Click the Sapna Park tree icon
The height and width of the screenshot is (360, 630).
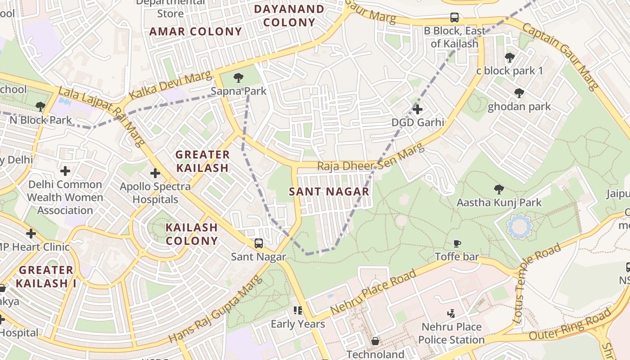point(238,78)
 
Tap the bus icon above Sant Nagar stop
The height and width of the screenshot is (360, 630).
point(259,243)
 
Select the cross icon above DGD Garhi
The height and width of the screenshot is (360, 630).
point(418,109)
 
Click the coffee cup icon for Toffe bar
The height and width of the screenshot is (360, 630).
point(457,243)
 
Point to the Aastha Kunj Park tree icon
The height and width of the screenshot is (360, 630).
point(499,189)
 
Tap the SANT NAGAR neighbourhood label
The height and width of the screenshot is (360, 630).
point(329,192)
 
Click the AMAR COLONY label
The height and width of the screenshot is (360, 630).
point(196,31)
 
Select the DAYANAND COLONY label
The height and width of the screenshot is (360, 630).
point(289,16)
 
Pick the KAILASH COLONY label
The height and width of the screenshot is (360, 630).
point(192,234)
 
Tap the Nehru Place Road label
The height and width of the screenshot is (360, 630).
point(373,293)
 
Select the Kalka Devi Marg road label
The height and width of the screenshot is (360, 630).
point(170,85)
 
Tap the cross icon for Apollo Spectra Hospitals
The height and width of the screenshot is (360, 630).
point(155,173)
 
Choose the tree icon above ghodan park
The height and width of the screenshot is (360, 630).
point(519,93)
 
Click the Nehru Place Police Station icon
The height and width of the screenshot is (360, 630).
point(451,313)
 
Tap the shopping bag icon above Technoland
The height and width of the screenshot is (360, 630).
point(375,341)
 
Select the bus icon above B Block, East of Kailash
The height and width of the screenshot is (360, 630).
point(454,18)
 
